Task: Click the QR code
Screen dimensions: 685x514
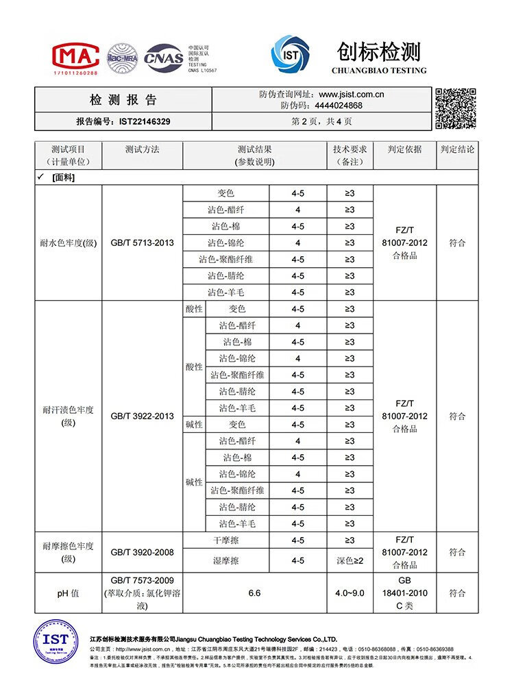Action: (456, 108)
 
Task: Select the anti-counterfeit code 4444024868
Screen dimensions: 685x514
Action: (339, 105)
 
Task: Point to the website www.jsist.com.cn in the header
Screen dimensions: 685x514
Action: (351, 95)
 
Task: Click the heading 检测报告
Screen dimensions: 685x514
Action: (123, 100)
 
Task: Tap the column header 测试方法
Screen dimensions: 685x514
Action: (142, 149)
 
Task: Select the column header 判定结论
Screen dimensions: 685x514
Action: (457, 149)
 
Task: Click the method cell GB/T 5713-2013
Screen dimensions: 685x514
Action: (142, 242)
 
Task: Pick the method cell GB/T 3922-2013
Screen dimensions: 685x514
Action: (142, 416)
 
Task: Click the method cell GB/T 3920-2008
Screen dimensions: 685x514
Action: (142, 552)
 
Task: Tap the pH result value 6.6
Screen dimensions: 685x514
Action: (254, 593)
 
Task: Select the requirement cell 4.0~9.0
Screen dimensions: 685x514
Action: (350, 593)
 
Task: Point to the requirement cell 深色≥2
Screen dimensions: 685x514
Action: (350, 560)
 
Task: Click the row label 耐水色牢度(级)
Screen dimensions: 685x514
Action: (68, 242)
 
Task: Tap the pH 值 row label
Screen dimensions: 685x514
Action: (68, 593)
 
